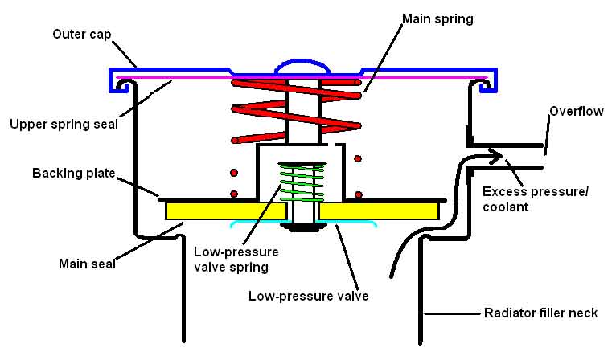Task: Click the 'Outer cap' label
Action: [82, 35]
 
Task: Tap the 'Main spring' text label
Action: [437, 18]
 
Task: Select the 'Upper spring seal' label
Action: [64, 125]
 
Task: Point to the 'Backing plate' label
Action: [74, 173]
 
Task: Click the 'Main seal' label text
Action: [87, 264]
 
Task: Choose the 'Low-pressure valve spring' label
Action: [236, 260]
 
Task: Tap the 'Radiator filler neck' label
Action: [540, 313]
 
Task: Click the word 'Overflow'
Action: [577, 112]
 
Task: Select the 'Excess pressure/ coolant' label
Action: [536, 199]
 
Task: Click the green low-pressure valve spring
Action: [302, 182]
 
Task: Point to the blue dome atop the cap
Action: [302, 66]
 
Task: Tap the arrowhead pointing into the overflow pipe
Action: [496, 154]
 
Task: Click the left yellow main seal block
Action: [225, 211]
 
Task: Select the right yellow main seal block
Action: [379, 211]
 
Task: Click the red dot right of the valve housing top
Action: [358, 158]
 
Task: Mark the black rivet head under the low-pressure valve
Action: [303, 227]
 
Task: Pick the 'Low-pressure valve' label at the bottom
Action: [308, 296]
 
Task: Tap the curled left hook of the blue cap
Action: [122, 86]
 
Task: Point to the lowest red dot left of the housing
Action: [234, 194]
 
